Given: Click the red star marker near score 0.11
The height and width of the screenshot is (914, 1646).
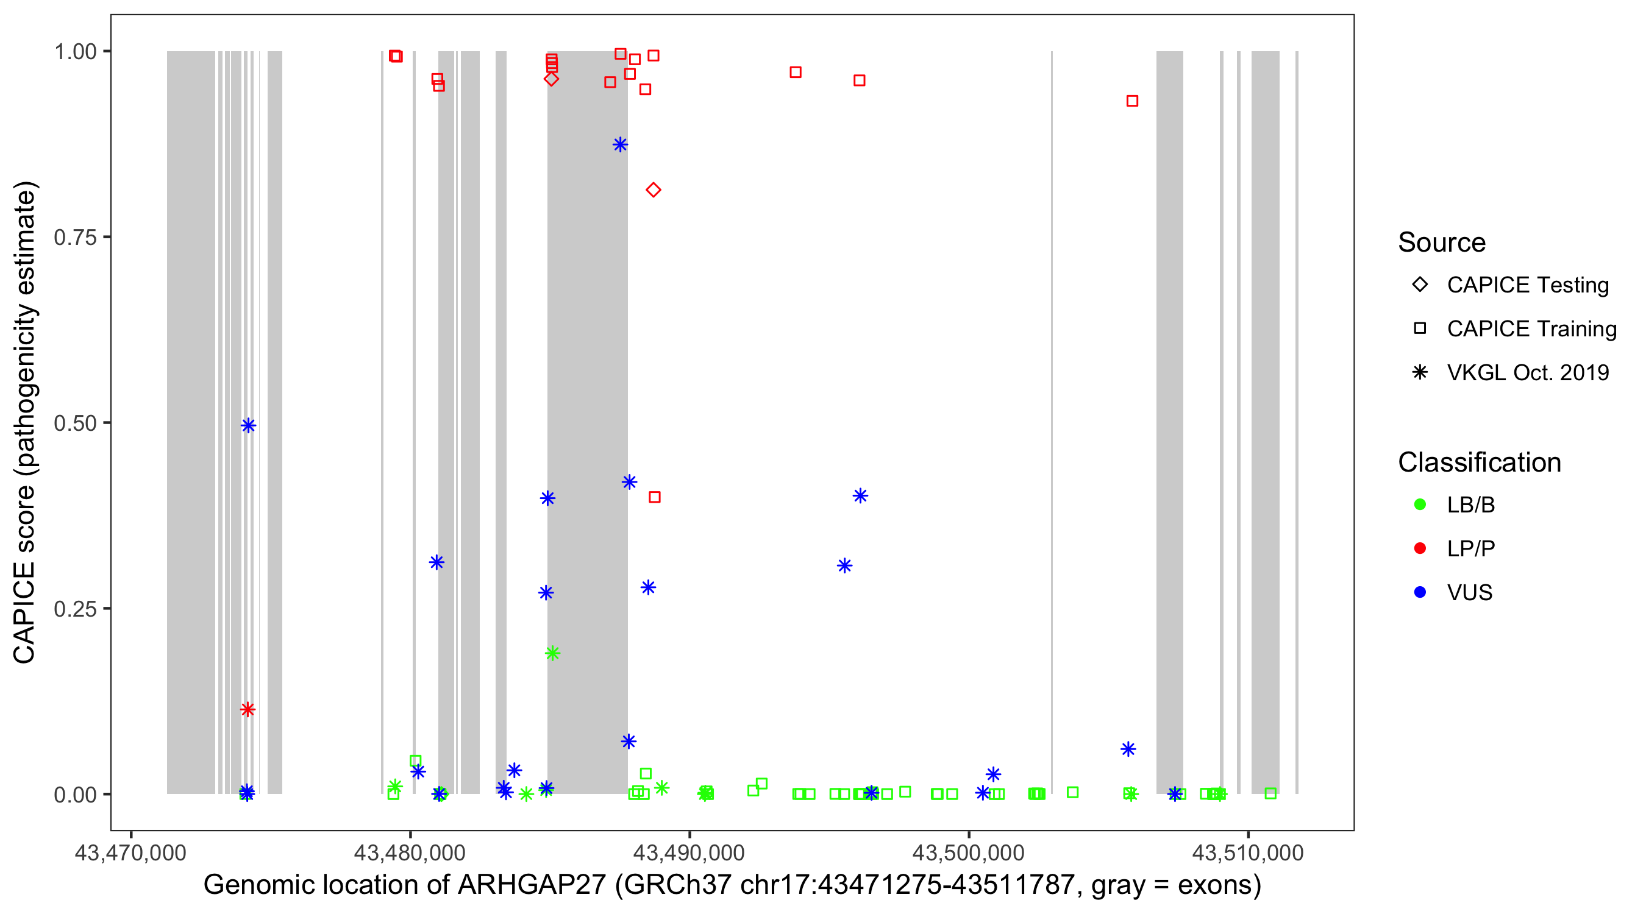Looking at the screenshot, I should click(248, 709).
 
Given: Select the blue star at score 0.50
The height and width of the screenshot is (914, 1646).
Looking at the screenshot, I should click(249, 425).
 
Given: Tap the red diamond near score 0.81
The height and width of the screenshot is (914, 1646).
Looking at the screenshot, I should click(653, 190).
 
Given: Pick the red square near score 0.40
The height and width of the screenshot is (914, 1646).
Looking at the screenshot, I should click(654, 497).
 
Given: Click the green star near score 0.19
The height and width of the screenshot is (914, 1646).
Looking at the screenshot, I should click(553, 653).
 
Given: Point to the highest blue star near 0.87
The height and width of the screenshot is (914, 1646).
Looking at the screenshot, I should click(620, 144).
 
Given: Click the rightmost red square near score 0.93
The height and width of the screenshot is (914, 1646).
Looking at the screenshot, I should click(1132, 101).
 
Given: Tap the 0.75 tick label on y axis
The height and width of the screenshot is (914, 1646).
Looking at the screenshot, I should click(75, 237).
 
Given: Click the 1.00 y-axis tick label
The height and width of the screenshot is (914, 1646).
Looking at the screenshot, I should click(75, 51).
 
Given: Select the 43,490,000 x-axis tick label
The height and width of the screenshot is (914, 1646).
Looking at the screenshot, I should click(689, 852).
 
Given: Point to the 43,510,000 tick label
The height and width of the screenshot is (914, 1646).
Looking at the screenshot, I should click(1247, 852).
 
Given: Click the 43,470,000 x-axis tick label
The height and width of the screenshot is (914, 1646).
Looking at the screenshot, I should click(130, 852).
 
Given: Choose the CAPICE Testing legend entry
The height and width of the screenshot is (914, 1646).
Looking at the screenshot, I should click(1528, 285).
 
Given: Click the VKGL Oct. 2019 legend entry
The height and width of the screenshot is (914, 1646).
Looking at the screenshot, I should click(1528, 372).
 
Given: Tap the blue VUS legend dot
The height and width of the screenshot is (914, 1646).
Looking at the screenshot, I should click(1420, 592).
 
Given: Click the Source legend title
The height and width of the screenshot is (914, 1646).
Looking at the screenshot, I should click(1442, 243).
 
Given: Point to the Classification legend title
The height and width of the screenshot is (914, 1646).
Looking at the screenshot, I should click(1479, 462).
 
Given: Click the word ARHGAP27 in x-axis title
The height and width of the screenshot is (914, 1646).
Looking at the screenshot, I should click(532, 885).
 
